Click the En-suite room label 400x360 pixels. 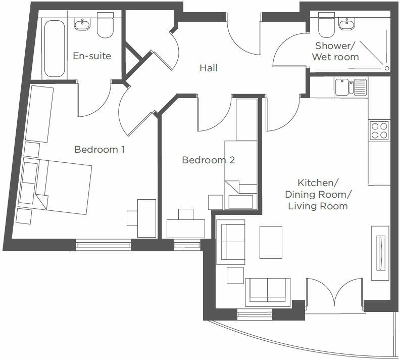[x=92, y=56]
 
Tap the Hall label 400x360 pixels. [x=208, y=68]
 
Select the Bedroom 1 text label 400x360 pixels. [x=99, y=150]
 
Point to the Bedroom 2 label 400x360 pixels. [x=208, y=160]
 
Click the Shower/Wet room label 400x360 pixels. [x=335, y=52]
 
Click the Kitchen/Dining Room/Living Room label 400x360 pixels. [x=317, y=194]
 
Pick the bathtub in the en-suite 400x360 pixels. [x=54, y=48]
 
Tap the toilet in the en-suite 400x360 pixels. [x=105, y=28]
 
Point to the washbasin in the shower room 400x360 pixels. [x=347, y=23]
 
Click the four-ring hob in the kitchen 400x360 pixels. [x=379, y=130]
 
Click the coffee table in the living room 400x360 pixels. [x=271, y=242]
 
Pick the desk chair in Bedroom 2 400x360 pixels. [x=186, y=214]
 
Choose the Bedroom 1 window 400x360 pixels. [x=103, y=245]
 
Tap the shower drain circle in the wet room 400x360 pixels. [x=386, y=67]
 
